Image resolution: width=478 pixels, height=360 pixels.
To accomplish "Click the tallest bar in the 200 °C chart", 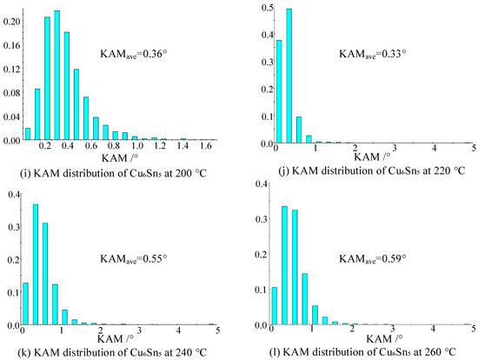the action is click(x=57, y=75).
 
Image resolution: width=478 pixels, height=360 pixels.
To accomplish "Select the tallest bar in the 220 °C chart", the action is click(x=289, y=76).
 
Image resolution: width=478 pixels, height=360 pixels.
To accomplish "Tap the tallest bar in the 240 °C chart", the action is click(x=36, y=264).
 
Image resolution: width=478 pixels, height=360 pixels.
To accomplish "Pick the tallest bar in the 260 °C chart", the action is click(x=285, y=265).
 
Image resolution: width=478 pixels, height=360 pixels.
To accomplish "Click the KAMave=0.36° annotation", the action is click(x=134, y=54).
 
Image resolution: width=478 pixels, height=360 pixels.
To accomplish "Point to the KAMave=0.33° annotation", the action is click(x=373, y=54).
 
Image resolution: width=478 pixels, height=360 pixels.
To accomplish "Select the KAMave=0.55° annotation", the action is click(x=134, y=259).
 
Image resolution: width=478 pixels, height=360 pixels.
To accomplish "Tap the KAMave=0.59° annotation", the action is click(x=373, y=259).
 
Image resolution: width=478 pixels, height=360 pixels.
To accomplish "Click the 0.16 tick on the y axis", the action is click(x=11, y=45).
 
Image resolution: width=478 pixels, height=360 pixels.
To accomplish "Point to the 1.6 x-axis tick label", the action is click(x=206, y=146).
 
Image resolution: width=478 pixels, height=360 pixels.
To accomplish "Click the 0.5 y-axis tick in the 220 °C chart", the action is click(x=267, y=8).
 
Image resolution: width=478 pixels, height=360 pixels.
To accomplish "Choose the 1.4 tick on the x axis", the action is click(x=183, y=146).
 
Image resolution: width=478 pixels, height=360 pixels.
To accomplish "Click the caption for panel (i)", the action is click(x=113, y=174).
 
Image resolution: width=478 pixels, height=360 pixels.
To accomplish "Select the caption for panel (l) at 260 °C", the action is click(x=362, y=352).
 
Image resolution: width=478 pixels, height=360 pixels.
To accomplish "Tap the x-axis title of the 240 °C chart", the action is click(x=116, y=338).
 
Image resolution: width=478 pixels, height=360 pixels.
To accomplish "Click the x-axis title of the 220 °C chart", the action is click(x=372, y=157).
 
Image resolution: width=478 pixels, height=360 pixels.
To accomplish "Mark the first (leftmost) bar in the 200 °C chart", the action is click(x=28, y=134).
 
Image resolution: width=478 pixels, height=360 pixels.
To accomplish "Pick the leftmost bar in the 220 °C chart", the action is click(x=279, y=91).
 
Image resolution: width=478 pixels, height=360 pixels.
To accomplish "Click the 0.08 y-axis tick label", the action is click(x=11, y=93).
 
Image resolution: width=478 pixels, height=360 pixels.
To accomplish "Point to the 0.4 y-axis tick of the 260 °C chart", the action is click(x=261, y=183).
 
